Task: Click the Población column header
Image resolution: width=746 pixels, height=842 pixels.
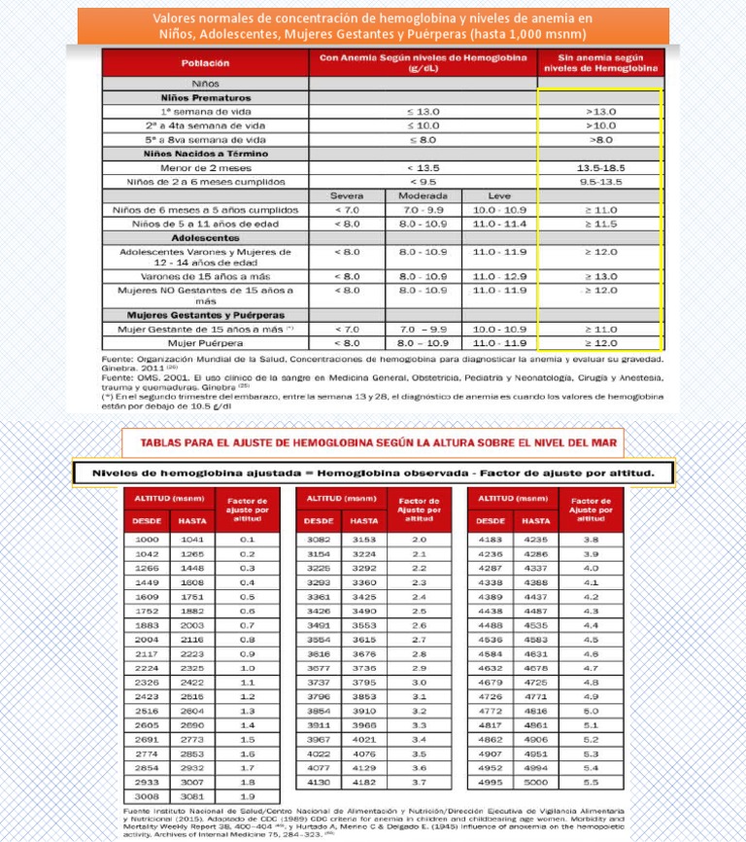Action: (205, 64)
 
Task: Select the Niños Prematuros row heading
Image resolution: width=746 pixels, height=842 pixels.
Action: (204, 98)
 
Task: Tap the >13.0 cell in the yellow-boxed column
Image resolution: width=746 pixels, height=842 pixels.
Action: (600, 112)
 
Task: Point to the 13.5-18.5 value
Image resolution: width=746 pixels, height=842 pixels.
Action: (600, 168)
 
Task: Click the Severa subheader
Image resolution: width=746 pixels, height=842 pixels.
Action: (346, 195)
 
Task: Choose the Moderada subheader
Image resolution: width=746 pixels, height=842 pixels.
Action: (424, 195)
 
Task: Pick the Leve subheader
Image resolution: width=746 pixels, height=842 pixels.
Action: (499, 195)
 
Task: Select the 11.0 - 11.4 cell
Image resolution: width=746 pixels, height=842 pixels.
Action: (499, 224)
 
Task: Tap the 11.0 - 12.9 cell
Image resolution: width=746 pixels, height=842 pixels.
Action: (499, 276)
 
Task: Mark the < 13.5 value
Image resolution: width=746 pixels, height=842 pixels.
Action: (424, 168)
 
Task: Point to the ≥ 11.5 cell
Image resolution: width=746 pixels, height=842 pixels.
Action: (600, 224)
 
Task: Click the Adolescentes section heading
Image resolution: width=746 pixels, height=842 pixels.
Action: (205, 237)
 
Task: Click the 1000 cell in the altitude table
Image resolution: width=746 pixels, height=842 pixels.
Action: (148, 539)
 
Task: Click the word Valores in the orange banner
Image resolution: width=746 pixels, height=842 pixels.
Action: (178, 18)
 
